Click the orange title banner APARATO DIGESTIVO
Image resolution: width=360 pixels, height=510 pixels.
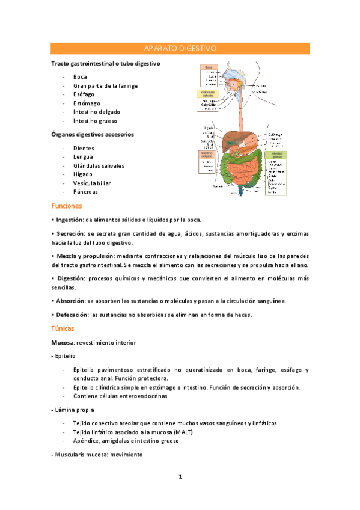click(180, 48)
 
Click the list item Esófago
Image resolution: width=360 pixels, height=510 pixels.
click(83, 94)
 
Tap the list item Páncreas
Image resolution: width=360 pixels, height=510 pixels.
click(85, 192)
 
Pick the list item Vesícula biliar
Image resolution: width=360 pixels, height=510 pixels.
click(92, 183)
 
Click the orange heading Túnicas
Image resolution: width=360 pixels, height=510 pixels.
click(63, 328)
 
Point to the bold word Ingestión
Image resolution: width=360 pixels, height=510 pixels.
click(69, 219)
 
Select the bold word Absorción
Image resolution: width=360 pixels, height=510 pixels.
click(70, 300)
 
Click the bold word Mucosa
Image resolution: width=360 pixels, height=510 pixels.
click(63, 342)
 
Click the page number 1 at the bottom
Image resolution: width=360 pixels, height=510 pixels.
click(180, 477)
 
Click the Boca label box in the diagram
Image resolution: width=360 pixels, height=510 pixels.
click(209, 67)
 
